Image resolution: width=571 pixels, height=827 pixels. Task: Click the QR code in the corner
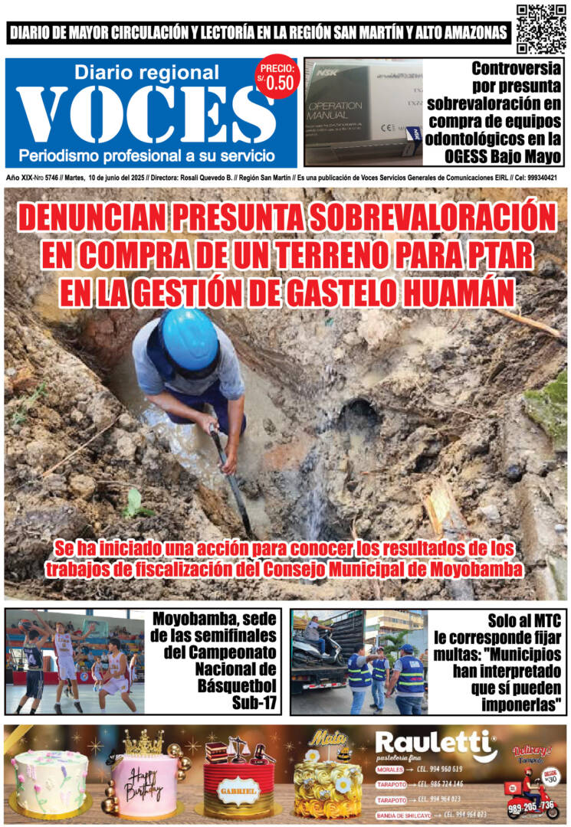tap(540, 29)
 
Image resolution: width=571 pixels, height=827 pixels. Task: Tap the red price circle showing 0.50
tap(274, 77)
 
